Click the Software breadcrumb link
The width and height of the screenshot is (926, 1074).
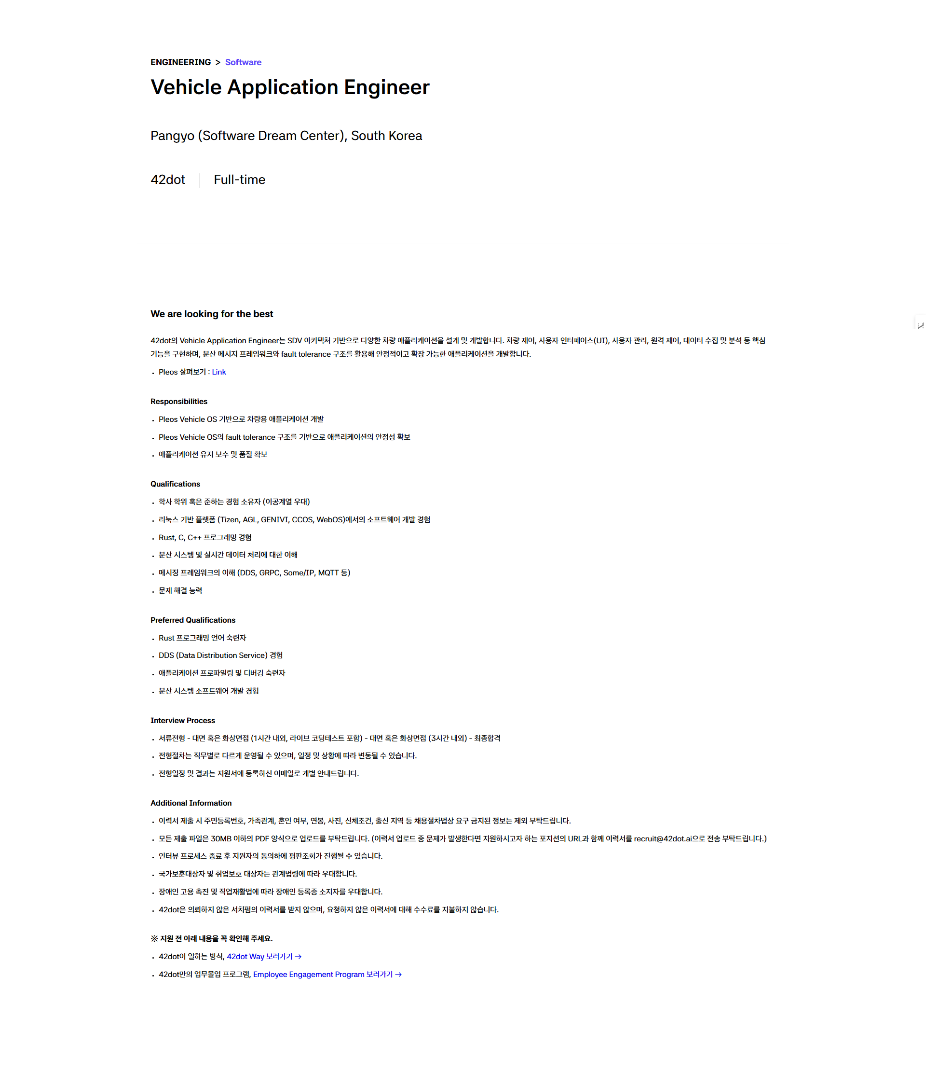point(243,62)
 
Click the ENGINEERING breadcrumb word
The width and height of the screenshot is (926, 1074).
point(180,62)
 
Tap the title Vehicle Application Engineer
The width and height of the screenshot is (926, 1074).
point(289,87)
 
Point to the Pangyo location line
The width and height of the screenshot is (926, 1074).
point(286,136)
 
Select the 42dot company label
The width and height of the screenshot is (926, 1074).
point(167,180)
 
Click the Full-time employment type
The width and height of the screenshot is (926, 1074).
point(239,180)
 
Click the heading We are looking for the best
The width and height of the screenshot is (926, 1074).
point(211,314)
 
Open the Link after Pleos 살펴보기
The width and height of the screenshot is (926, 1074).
point(218,372)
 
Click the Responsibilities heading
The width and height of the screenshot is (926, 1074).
point(178,401)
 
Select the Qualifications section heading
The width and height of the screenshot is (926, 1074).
point(175,484)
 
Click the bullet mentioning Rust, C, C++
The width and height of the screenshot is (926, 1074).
point(204,538)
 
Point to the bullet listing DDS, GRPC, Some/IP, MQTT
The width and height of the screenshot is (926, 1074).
point(254,573)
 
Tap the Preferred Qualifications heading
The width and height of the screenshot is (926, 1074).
point(192,620)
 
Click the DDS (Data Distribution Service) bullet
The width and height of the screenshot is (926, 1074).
point(220,655)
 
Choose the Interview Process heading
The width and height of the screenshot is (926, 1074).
point(182,721)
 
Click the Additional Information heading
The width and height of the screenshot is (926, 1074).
point(191,803)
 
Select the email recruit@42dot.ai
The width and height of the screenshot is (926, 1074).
point(662,838)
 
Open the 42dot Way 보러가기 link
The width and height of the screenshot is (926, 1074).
point(264,956)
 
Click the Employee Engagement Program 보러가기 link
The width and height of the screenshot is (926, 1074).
point(327,975)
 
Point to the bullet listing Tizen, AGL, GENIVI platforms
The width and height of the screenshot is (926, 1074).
point(294,519)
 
